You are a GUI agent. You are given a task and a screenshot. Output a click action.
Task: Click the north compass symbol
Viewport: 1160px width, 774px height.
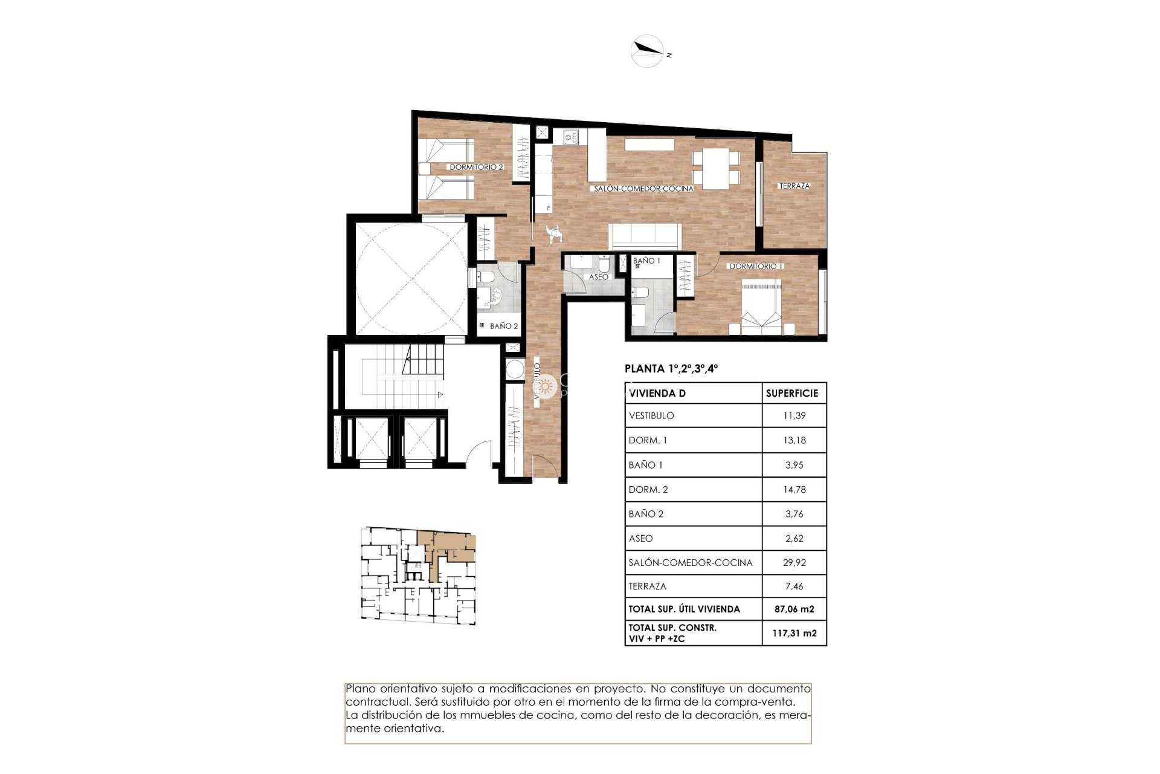[648, 51]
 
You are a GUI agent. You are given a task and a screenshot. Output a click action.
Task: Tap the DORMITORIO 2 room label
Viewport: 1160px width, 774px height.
[475, 167]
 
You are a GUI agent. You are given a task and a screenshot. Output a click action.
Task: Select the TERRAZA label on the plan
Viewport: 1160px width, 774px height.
[794, 186]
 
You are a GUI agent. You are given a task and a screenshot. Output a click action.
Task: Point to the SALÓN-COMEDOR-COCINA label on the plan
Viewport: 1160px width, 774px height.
[643, 189]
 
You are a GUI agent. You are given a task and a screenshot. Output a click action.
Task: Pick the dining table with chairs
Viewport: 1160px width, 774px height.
[716, 167]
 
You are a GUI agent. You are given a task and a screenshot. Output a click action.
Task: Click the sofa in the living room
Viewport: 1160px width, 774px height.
[645, 236]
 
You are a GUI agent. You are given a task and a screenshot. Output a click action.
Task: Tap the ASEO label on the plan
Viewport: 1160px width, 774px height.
[598, 277]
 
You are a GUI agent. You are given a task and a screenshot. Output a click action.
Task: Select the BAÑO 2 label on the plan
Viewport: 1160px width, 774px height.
[503, 326]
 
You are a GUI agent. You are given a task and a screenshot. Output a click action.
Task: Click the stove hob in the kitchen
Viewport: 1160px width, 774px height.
[571, 137]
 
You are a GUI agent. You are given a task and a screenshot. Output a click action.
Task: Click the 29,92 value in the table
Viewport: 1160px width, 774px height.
[794, 562]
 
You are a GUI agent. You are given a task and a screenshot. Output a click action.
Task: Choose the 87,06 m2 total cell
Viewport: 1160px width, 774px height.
[794, 609]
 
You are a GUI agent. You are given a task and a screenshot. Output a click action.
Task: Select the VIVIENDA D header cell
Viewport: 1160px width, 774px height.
[657, 393]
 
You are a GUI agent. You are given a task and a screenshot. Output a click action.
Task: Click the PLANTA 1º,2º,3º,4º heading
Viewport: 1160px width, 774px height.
[671, 368]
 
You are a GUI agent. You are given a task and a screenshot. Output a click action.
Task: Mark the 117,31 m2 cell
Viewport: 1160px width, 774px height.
[794, 633]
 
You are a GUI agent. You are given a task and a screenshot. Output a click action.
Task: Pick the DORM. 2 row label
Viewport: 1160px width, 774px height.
[648, 490]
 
